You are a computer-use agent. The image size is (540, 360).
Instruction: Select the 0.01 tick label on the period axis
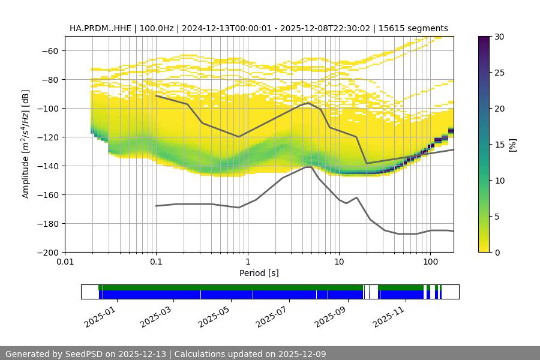point(65,262)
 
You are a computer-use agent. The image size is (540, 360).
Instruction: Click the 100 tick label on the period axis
point(430,262)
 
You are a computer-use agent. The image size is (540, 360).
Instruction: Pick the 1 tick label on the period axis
point(247,262)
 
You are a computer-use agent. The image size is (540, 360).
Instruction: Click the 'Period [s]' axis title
point(259,273)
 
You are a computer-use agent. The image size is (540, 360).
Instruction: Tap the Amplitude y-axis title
point(26,144)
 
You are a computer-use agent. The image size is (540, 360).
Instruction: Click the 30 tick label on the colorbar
point(499,37)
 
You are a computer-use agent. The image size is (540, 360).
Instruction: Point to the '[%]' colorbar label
point(512,144)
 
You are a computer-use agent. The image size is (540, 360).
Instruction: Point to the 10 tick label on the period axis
point(338,262)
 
